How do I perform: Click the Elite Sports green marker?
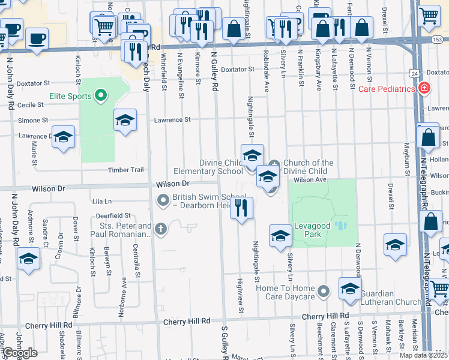pyautogui.click(x=101, y=95)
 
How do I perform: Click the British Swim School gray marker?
pyautogui.click(x=163, y=200)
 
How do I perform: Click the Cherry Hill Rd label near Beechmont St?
pyautogui.click(x=325, y=316)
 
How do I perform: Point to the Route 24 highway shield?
pyautogui.click(x=414, y=73)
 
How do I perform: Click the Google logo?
pyautogui.click(x=20, y=352)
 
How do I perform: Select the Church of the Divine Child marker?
pyautogui.click(x=274, y=164)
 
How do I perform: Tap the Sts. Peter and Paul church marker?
pyautogui.click(x=160, y=228)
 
